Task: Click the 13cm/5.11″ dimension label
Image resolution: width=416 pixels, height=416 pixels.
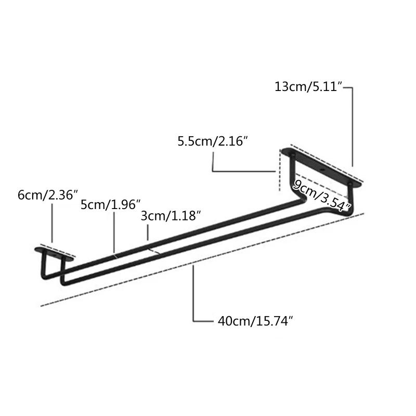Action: coord(308,87)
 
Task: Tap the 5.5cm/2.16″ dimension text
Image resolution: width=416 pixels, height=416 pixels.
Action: coord(212,141)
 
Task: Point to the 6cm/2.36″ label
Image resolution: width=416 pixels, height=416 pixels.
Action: coord(47,195)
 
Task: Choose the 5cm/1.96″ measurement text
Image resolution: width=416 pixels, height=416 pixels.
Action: coord(110,204)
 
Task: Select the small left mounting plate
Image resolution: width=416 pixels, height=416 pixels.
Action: coord(54,253)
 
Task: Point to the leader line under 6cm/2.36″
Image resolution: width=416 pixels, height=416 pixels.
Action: coord(52,224)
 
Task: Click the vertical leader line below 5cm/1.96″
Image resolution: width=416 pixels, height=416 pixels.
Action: coord(114,231)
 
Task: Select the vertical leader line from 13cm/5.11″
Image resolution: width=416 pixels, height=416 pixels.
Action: coord(354,127)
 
